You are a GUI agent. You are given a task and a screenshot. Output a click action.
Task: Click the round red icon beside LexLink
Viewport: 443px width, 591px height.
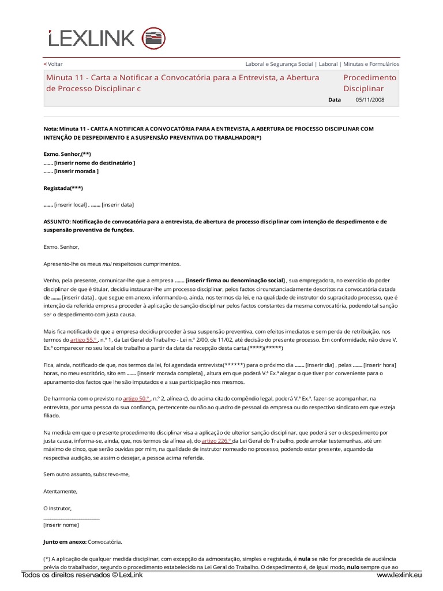[153, 38]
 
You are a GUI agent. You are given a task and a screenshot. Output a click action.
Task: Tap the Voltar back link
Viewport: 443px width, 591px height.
[54, 64]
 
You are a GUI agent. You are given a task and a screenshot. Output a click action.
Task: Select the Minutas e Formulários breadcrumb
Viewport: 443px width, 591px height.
[370, 64]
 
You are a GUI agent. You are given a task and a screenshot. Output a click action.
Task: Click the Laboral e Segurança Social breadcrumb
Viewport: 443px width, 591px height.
[279, 64]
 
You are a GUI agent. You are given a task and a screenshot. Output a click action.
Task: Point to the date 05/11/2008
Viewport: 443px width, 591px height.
[370, 100]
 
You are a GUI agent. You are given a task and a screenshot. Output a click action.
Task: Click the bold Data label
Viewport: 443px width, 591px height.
[335, 100]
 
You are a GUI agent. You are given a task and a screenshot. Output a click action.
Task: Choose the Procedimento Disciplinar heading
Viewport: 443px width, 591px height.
[370, 83]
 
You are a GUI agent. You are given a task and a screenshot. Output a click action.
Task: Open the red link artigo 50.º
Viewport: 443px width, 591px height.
[136, 398]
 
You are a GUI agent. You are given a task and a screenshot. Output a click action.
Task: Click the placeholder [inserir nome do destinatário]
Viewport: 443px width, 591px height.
[95, 163]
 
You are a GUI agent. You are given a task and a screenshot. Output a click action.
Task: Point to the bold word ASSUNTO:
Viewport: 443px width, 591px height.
[58, 222]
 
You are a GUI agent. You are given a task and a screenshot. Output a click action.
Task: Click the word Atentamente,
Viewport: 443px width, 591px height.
[60, 491]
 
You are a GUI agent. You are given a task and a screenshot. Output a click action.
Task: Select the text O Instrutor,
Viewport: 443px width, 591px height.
[58, 508]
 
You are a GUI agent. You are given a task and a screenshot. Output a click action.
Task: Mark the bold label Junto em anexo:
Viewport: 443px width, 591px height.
[65, 541]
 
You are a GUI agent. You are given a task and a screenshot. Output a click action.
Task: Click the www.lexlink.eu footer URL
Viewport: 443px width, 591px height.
[399, 575]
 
